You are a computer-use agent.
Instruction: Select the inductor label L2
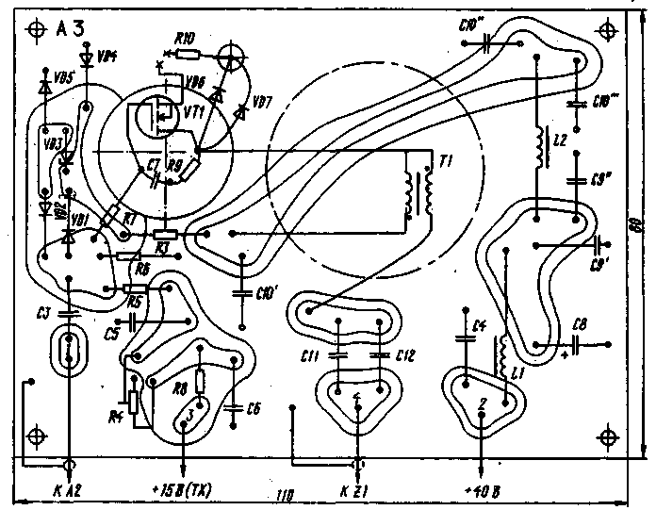click(563, 140)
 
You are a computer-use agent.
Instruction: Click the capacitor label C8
click(580, 325)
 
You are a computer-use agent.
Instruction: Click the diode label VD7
click(264, 101)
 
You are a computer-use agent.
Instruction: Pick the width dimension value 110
click(284, 496)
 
